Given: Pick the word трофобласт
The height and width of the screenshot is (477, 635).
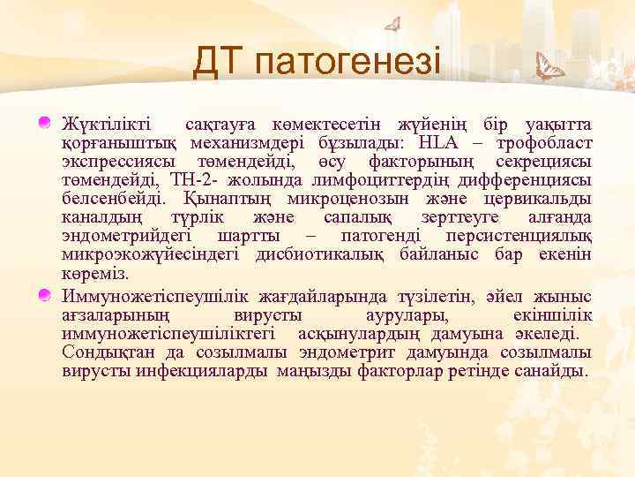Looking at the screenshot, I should [543, 142].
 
